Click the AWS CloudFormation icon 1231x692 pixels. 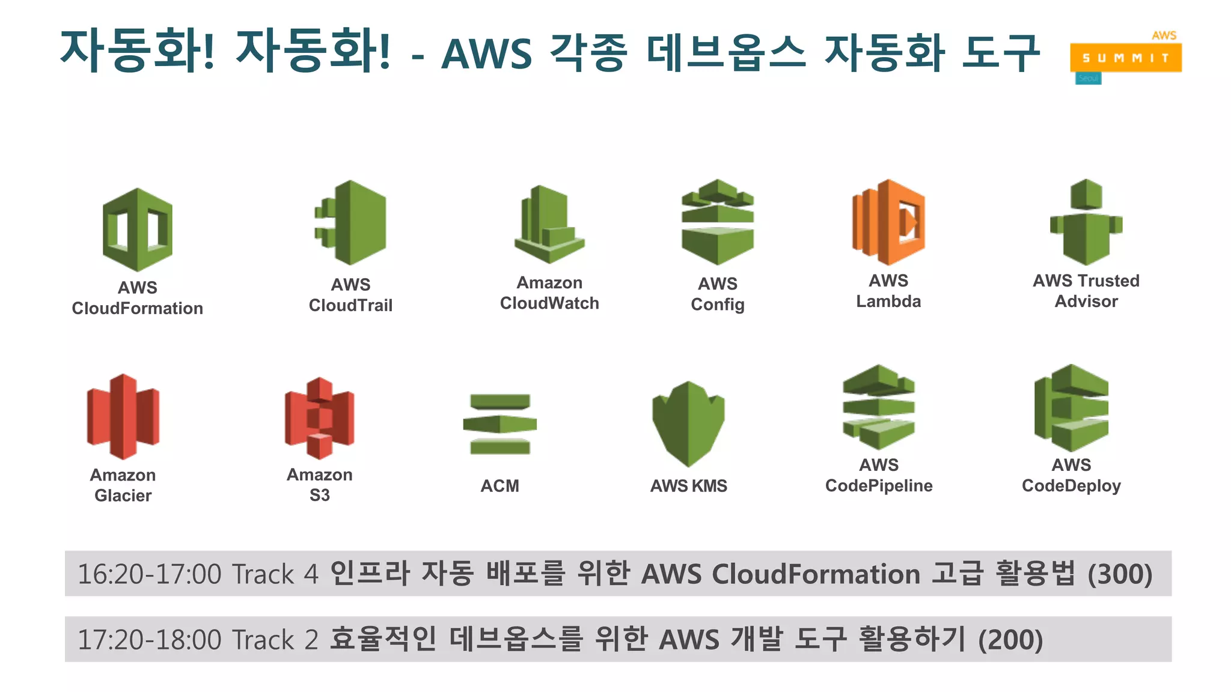137,229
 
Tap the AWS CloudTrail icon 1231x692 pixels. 351,222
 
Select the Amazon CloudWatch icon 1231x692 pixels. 549,224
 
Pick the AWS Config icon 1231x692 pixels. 717,222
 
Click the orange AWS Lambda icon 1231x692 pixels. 888,222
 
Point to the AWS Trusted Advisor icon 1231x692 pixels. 1086,222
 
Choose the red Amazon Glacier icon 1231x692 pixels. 123,416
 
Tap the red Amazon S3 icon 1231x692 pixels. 319,418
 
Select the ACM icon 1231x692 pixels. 499,424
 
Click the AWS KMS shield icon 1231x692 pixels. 688,423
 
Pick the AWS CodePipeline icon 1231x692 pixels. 879,407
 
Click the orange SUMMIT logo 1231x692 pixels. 1125,58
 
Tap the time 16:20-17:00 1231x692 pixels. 150,574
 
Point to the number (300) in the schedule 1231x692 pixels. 1120,574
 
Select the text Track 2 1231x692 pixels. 275,640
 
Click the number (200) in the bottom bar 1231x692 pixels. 1010,640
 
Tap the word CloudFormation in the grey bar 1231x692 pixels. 816,574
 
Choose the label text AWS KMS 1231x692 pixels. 688,486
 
